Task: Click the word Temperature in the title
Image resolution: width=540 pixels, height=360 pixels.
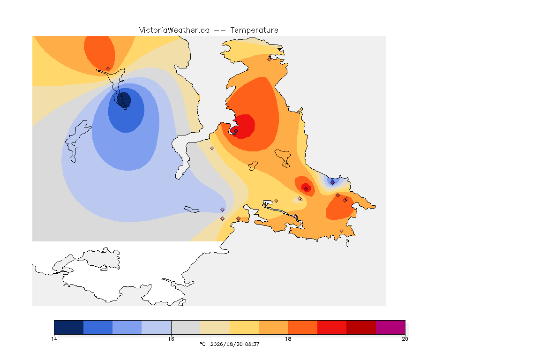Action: tap(254, 30)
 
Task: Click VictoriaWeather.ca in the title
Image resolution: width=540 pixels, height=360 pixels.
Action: tap(174, 30)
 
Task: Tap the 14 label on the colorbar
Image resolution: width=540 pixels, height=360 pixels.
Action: tap(54, 339)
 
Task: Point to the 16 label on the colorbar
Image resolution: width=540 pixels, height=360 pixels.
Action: tap(171, 339)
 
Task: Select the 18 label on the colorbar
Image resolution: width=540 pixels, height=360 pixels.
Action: tap(288, 339)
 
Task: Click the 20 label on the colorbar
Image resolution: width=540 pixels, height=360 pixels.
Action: tap(405, 339)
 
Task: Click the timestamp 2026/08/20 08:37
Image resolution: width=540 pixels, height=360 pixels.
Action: tap(234, 344)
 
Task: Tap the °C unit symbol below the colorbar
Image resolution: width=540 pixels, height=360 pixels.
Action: tap(203, 344)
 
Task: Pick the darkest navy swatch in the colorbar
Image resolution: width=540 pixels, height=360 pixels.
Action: tap(69, 327)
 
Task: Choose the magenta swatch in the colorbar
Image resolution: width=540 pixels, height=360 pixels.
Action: tap(390, 327)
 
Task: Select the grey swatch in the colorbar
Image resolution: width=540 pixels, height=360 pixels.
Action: tap(186, 327)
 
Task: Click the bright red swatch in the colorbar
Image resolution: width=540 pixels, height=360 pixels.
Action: tap(332, 327)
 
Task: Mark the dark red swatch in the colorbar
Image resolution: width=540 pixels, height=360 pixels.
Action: tap(361, 327)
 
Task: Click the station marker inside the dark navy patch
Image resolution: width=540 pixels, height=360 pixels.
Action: tap(122, 94)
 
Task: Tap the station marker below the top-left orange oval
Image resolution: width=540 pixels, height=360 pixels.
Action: tap(108, 69)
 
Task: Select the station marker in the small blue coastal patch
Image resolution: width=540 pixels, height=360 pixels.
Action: tap(332, 182)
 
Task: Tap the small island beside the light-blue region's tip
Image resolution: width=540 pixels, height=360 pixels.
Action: tap(192, 209)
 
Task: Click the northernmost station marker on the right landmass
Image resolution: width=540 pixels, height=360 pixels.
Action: tap(270, 59)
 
